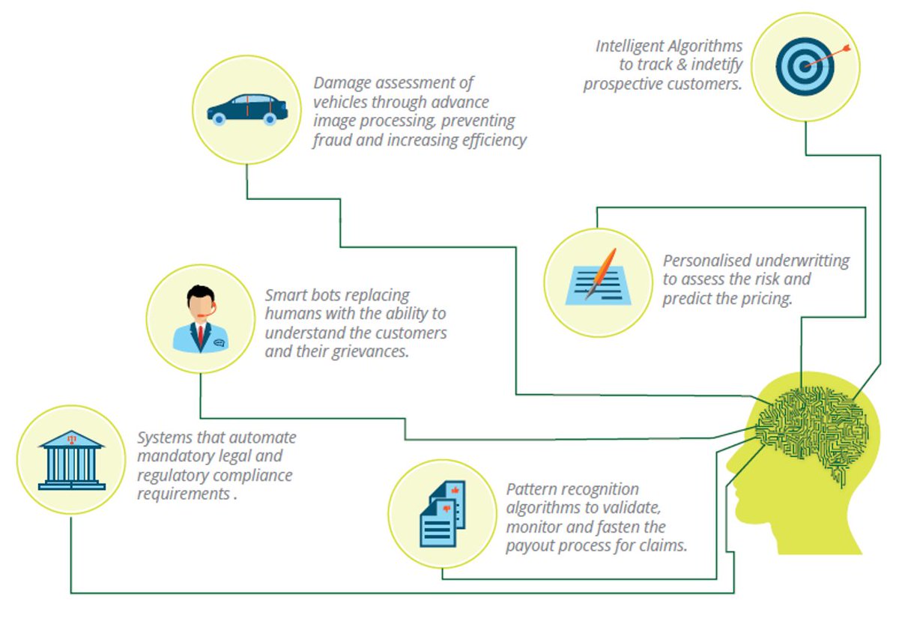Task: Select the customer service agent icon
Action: pos(200,318)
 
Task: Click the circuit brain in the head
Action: pos(813,431)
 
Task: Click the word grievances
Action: pos(370,351)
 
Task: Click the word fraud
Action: pos(332,140)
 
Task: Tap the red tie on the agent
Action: pos(201,333)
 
